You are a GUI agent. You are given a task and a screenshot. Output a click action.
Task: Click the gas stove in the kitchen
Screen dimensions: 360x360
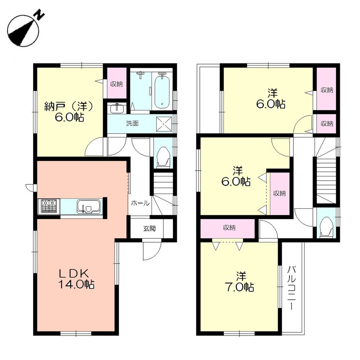click(49, 207)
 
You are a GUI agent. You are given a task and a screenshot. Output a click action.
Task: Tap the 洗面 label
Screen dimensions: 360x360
click(132, 123)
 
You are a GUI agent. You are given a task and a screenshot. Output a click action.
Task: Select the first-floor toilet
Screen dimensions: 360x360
click(164, 158)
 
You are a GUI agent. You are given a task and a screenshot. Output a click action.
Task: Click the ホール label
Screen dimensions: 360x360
click(140, 203)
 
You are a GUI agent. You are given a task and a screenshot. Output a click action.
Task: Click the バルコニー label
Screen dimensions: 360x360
click(292, 288)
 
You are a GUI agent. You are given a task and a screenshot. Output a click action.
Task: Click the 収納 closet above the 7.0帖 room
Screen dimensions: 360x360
click(227, 228)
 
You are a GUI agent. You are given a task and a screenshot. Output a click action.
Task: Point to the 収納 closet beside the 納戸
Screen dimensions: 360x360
click(116, 84)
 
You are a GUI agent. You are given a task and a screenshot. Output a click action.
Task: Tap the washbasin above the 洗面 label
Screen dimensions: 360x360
click(116, 108)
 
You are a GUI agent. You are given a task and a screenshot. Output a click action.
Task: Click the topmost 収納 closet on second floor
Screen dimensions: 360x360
click(326, 90)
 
